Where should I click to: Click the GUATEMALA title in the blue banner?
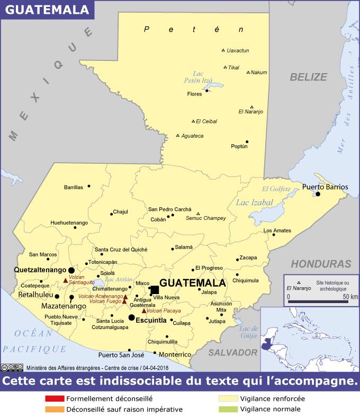48,10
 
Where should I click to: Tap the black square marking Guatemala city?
155,290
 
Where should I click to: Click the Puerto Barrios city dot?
318,194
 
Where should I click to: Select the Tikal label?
233,68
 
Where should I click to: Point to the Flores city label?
195,94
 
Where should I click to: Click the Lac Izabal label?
255,202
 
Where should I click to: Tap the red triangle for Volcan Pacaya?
144,310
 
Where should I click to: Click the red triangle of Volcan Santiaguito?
65,281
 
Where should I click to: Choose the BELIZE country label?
308,77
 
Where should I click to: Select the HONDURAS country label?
321,264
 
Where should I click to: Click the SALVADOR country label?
232,352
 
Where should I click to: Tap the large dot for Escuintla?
131,317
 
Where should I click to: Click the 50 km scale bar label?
350,296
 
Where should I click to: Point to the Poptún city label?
239,146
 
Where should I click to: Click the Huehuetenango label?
69,223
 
